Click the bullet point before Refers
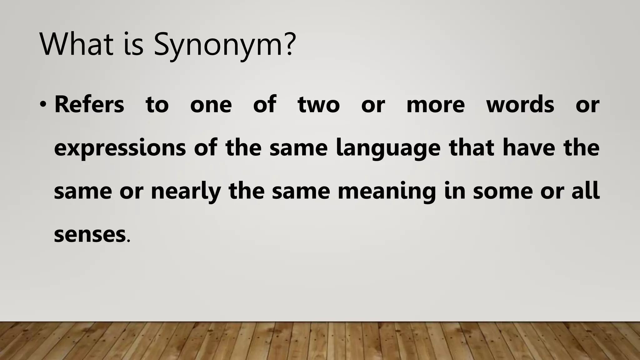[43, 105]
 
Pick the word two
[318, 105]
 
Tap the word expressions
[120, 148]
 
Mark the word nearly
[186, 192]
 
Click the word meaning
[387, 192]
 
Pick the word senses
[90, 235]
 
